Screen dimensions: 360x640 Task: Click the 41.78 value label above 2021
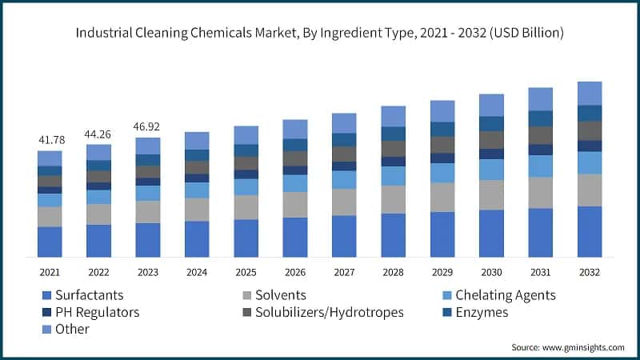[50, 141]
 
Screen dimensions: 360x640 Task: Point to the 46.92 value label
[147, 127]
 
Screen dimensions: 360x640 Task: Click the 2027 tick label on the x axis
[344, 272]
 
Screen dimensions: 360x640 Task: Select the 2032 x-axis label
[590, 272]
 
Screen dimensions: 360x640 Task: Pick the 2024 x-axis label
[197, 272]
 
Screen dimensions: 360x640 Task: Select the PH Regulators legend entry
[96, 312]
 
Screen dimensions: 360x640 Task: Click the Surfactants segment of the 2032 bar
[590, 231]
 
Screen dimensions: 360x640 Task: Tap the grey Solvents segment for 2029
[442, 197]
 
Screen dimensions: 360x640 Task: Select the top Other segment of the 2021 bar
[50, 158]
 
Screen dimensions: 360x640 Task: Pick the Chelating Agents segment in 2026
[295, 183]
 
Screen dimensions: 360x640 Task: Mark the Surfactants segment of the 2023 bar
[147, 240]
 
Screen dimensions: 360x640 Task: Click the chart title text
[320, 34]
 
